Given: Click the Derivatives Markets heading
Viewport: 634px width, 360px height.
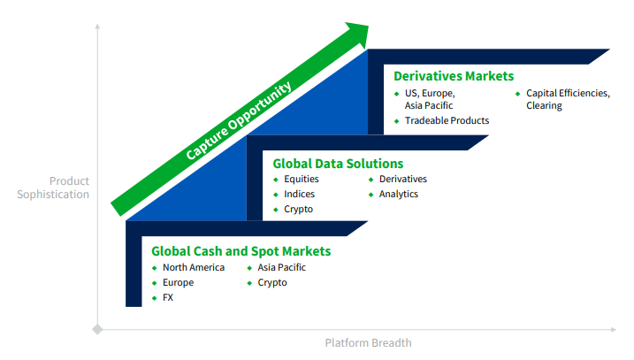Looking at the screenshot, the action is coord(454,76).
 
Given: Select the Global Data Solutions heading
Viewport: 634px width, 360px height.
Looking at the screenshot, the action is coord(338,164).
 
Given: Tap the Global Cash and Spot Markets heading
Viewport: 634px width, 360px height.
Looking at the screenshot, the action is coord(241,251).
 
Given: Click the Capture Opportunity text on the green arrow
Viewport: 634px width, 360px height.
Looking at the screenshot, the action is coord(239,120).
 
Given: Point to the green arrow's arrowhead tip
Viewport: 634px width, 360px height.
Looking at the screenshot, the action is coord(369,27).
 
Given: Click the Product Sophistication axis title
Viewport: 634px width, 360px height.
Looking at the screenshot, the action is coord(53,188).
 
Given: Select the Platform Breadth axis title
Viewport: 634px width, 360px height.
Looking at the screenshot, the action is coord(369,342).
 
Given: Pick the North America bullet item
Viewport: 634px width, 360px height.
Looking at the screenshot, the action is coord(194,267).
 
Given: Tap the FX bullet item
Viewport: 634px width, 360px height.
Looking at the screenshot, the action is coord(168,297).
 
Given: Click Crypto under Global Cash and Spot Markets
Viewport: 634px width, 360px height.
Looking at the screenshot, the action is coord(272,283).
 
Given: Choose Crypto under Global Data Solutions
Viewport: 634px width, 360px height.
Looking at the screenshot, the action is coord(298,210).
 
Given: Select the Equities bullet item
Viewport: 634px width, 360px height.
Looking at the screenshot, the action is coord(302,180).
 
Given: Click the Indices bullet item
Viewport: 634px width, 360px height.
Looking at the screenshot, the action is coord(299,195).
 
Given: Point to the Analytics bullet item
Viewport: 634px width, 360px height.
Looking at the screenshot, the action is coord(398,195).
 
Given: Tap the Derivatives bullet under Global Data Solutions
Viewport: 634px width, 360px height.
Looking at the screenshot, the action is coord(402,179).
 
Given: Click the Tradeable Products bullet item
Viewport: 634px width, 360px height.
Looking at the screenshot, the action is coord(447,120).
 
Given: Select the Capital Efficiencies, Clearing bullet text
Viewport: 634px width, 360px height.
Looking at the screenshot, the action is coord(568,99).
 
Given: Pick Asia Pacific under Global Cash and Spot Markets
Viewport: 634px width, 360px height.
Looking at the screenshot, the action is coord(281,267).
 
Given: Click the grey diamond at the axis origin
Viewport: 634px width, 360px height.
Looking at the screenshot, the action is coord(97,329).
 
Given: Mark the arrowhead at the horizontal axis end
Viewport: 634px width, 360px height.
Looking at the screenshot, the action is coord(614,330).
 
